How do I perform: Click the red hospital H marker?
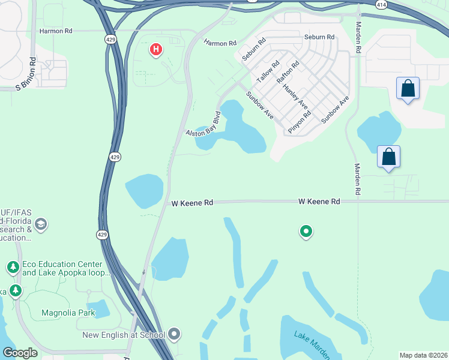click(x=156, y=49)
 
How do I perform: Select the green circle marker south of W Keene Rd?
click(x=306, y=231)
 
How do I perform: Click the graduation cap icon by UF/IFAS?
click(x=41, y=225)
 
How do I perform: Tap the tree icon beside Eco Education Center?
click(x=13, y=267)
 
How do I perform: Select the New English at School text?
click(x=124, y=335)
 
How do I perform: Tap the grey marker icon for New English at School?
click(x=175, y=334)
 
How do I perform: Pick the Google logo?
click(x=20, y=353)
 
